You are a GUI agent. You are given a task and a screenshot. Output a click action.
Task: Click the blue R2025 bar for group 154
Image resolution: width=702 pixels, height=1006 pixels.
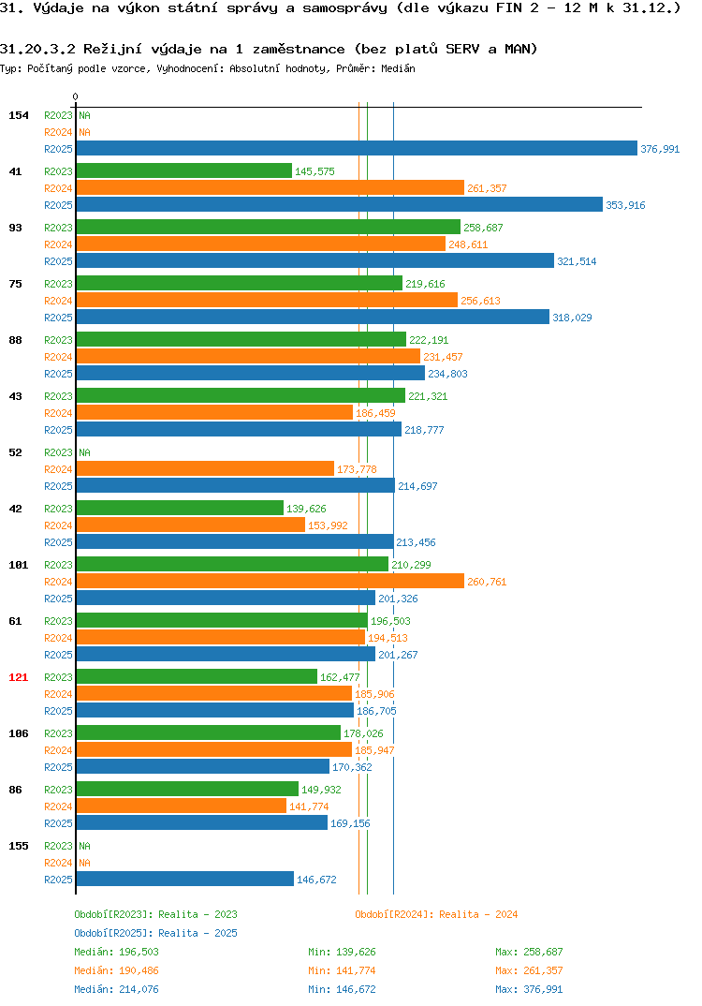(357, 148)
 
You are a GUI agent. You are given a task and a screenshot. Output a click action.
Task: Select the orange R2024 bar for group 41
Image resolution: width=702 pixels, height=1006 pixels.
(270, 188)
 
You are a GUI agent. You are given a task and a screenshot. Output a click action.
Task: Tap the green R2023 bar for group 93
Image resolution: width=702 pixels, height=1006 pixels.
(268, 227)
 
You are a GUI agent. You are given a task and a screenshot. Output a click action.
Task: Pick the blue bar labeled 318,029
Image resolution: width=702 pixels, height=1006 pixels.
(313, 317)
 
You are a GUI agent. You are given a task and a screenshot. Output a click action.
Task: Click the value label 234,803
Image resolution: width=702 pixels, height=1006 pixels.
(447, 374)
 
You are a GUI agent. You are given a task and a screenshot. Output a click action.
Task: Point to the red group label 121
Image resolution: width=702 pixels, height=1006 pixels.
(18, 677)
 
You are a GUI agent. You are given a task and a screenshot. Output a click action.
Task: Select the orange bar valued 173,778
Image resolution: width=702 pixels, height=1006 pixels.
(205, 469)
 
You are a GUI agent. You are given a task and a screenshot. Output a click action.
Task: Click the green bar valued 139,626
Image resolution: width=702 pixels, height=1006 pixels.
(180, 508)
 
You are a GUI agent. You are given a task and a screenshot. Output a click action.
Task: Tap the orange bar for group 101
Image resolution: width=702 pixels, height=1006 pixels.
(270, 582)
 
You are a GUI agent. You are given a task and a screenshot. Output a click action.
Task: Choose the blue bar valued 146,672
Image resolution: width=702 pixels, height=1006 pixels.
(184, 879)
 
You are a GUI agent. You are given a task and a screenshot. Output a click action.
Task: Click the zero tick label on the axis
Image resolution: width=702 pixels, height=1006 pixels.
(76, 96)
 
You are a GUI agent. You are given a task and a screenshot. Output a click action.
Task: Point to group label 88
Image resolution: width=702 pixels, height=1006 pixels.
(15, 340)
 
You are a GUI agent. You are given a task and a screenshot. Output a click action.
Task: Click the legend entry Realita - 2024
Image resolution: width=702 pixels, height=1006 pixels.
(478, 914)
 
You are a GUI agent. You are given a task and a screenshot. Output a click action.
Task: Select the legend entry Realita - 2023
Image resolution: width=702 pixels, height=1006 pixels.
(197, 914)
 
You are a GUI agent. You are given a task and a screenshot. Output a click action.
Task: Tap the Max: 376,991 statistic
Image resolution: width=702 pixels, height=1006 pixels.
(529, 989)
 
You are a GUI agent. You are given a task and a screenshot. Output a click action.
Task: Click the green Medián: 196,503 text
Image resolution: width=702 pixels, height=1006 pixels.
(116, 952)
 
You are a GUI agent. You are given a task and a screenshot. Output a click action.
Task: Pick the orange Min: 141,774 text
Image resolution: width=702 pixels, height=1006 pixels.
(342, 970)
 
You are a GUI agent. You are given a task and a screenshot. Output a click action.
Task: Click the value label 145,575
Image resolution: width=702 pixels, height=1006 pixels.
(314, 171)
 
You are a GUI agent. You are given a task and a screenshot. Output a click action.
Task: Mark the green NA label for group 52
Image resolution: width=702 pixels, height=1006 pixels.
(84, 452)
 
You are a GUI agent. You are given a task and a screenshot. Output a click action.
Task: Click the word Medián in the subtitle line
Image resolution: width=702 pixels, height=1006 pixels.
(398, 68)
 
